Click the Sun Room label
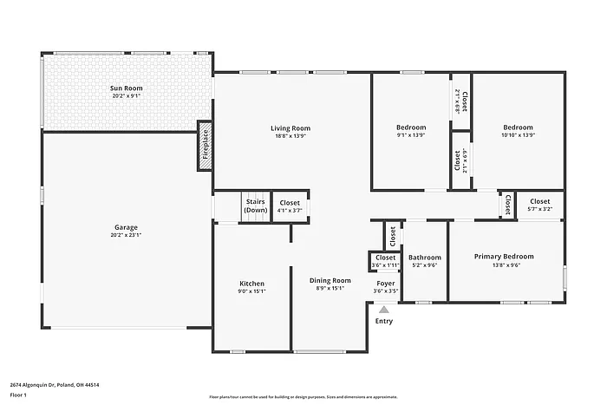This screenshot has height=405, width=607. click(126, 88)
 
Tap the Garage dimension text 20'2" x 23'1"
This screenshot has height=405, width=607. click(126, 235)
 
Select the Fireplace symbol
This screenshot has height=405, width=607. click(205, 145)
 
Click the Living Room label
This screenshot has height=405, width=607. click(290, 128)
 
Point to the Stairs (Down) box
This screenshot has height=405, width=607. click(255, 206)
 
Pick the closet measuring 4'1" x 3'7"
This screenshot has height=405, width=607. click(289, 206)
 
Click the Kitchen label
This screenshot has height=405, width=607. click(251, 284)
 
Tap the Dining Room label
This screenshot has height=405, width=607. click(330, 280)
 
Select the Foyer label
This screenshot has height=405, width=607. click(385, 284)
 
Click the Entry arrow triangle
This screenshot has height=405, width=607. click(383, 308)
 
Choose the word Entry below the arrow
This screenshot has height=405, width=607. click(383, 322)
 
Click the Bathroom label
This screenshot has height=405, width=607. click(425, 258)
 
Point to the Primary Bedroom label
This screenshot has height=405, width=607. click(503, 257)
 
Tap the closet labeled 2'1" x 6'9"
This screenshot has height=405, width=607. click(461, 160)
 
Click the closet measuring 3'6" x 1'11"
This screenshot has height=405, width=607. click(385, 260)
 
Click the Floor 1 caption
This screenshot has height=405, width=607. click(19, 395)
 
